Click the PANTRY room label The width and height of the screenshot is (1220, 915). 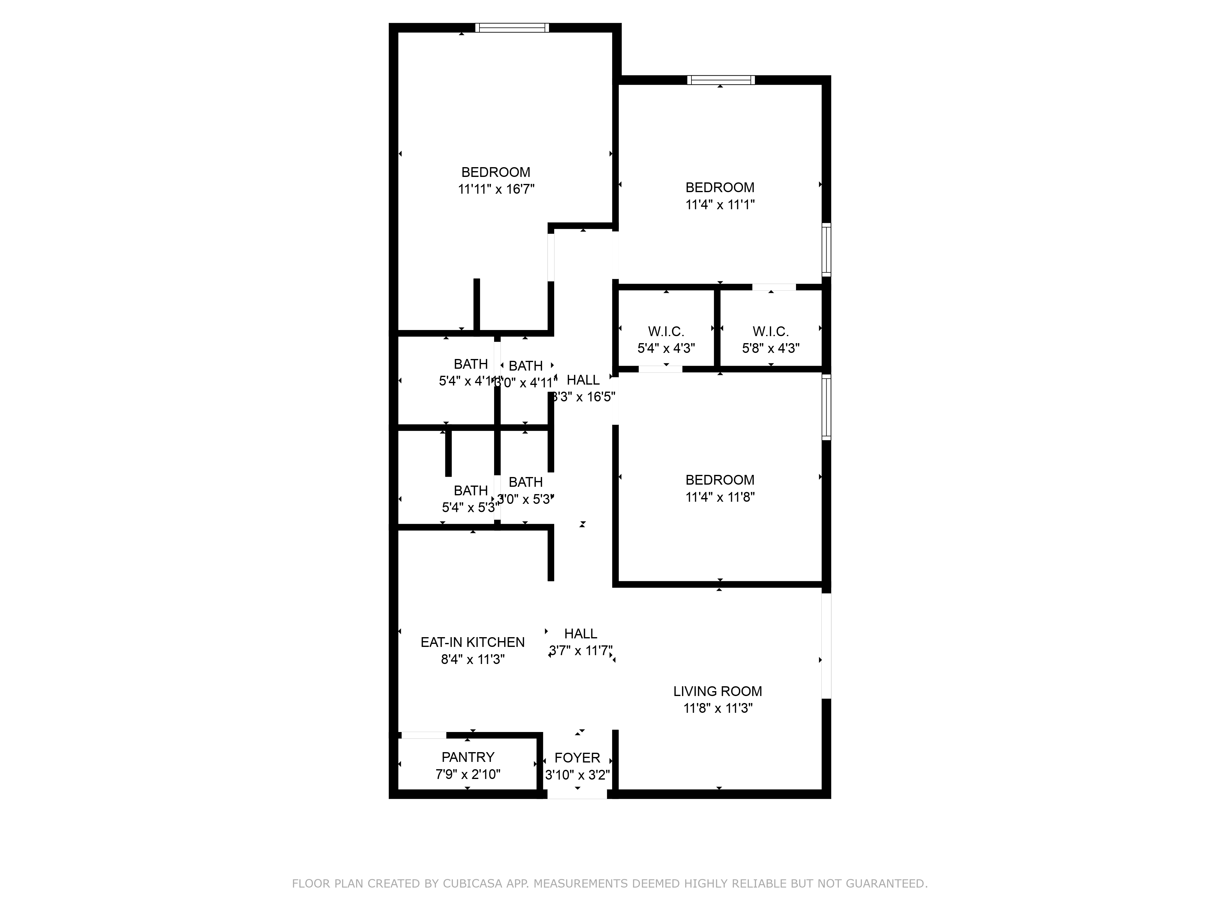click(x=468, y=757)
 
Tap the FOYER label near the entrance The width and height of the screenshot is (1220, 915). click(x=577, y=758)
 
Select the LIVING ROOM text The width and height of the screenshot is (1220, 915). click(x=718, y=691)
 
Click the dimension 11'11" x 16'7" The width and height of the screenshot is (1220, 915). click(x=496, y=189)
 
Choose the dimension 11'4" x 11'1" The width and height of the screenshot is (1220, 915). click(x=720, y=205)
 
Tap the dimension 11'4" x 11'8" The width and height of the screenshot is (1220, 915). click(x=720, y=497)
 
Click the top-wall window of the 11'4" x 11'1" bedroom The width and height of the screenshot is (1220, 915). click(x=721, y=80)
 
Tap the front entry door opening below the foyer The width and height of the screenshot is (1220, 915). click(x=577, y=794)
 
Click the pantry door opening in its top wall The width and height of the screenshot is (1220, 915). click(x=424, y=735)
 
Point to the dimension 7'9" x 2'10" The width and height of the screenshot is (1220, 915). click(x=468, y=774)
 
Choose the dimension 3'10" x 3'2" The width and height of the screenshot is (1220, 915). click(x=577, y=775)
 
